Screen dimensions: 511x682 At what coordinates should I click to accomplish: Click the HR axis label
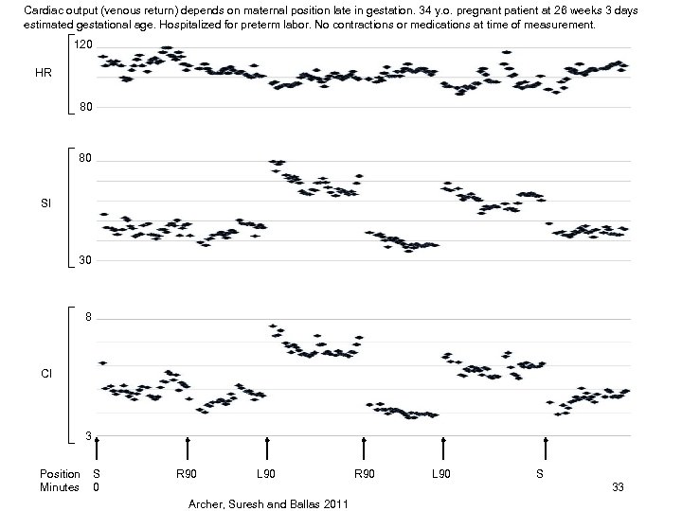point(44,73)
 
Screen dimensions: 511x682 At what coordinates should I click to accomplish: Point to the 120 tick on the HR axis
point(83,45)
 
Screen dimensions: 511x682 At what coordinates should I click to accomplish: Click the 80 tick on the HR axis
point(86,107)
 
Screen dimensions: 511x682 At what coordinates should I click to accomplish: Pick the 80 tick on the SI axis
point(86,159)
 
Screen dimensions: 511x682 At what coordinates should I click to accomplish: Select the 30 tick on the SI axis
point(86,260)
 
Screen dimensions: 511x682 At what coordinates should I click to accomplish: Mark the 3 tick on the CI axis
point(88,436)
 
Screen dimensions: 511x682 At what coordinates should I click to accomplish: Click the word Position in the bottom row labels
point(60,473)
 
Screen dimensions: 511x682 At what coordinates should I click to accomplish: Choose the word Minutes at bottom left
point(59,487)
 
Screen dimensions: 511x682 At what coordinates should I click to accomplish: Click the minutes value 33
point(619,487)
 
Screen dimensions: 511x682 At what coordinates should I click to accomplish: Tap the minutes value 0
point(96,487)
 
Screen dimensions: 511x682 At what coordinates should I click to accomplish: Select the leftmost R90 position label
point(187,473)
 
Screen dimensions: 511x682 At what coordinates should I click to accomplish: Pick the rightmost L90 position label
point(441,473)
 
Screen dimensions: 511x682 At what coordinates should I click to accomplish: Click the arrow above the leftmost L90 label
point(268,449)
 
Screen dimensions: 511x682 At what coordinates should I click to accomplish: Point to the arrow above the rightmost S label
point(546,449)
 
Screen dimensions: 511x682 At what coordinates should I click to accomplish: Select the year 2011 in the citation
point(332,503)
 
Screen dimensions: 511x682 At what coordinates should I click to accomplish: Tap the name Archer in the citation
point(207,503)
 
